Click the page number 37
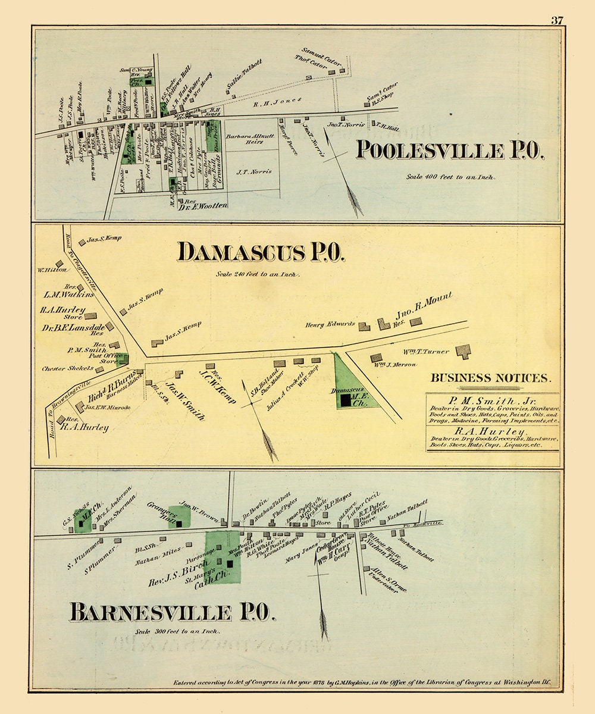coord(556,21)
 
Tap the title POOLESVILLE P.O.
coord(449,151)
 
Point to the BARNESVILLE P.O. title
coord(172,612)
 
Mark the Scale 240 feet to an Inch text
coord(258,275)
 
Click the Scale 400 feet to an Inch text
coord(450,177)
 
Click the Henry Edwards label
coord(330,324)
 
